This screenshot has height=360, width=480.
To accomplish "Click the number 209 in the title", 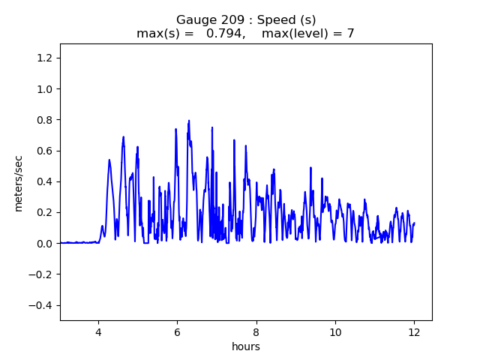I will (226, 19).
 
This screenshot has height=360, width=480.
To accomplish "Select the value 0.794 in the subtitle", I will (222, 33).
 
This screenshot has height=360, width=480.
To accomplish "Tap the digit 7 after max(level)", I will (350, 33).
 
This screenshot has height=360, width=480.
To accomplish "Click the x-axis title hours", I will (246, 346).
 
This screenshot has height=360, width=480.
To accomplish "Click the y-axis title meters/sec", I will (19, 184).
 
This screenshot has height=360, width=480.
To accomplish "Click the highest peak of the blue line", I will (189, 121).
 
